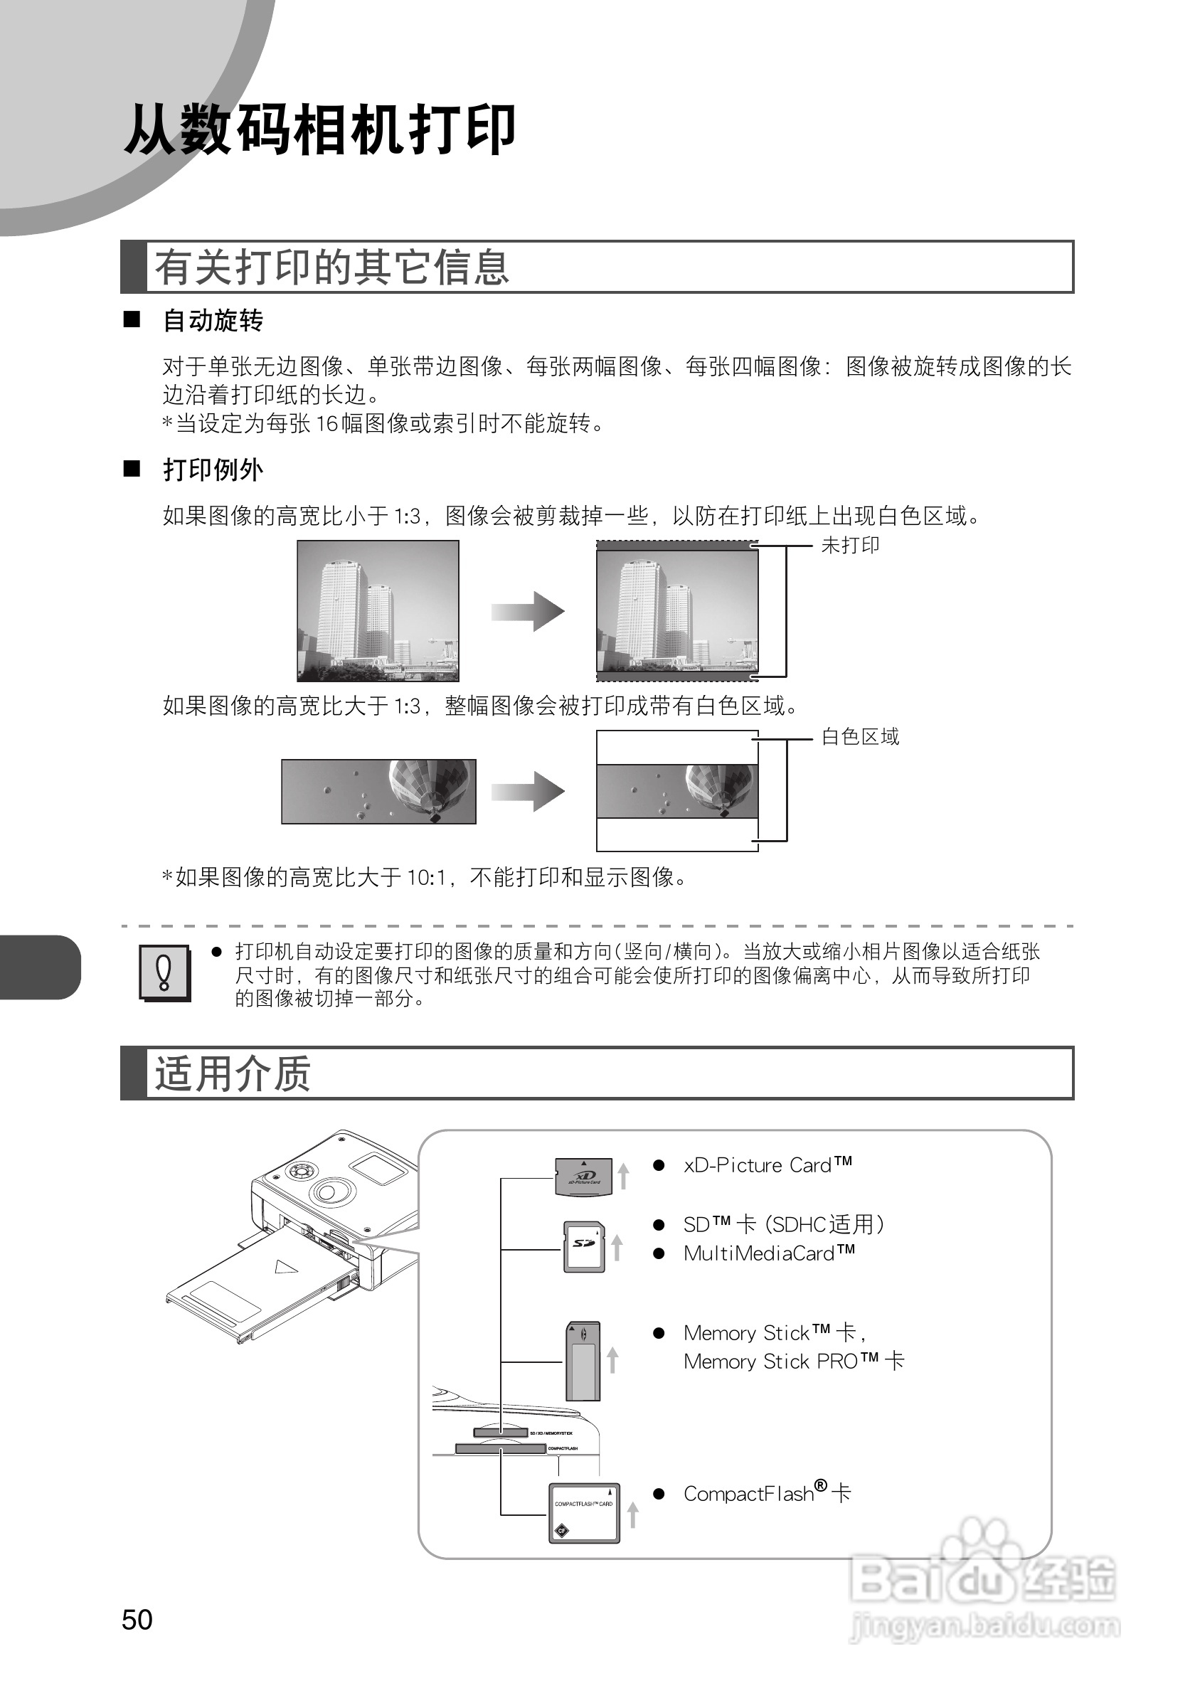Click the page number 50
[137, 1619]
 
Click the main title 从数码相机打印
[319, 129]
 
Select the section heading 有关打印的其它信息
[331, 267]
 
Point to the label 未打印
[850, 546]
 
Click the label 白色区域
[859, 737]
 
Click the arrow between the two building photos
[528, 611]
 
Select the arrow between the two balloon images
[528, 791]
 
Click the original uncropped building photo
[378, 610]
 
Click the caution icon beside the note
[164, 972]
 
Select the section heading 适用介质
[232, 1073]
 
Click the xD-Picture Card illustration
[583, 1177]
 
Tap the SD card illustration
[584, 1246]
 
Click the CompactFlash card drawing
[584, 1512]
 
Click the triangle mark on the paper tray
[286, 1267]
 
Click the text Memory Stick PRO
[783, 1362]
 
